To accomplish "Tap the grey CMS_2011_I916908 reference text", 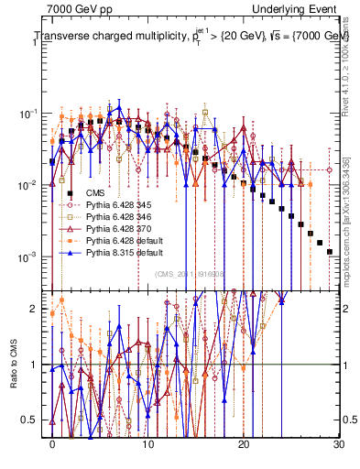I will click(188, 274).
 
